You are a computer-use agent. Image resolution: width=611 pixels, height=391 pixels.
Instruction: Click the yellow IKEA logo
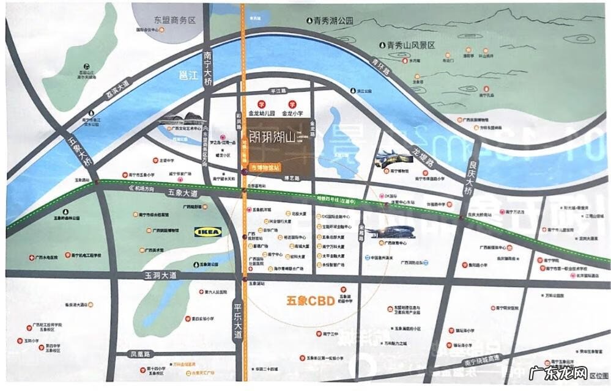[208, 232]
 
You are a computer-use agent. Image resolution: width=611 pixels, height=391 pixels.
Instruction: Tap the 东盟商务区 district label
[174, 20]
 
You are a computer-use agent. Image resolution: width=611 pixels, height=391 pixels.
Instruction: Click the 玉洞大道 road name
[160, 276]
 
